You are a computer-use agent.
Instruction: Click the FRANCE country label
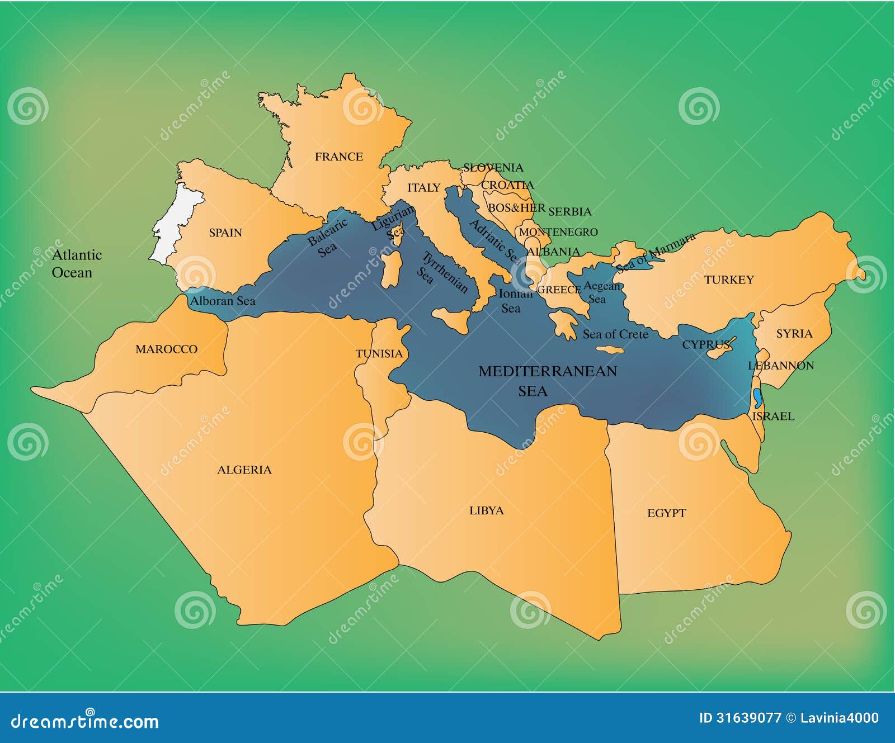pos(338,157)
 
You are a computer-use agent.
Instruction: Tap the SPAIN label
pos(225,233)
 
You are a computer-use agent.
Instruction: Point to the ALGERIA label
pos(244,470)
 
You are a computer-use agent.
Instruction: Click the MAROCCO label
pos(166,349)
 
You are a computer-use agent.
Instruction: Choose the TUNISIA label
pos(379,354)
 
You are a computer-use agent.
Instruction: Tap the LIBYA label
pos(486,510)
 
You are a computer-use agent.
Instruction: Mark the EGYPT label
pos(666,513)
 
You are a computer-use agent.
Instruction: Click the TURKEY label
pos(728,280)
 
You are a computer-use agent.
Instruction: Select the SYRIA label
pos(794,334)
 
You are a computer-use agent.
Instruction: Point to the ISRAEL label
pos(773,417)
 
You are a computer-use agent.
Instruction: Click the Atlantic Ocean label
pos(76,264)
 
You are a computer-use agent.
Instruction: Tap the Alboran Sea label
pos(223,301)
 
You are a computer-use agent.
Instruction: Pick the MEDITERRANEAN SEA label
pos(547,381)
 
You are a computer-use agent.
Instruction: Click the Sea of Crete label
pos(615,334)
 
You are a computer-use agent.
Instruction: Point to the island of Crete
pos(610,350)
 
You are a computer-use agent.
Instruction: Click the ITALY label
pos(423,188)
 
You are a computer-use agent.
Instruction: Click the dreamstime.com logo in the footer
pos(85,721)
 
